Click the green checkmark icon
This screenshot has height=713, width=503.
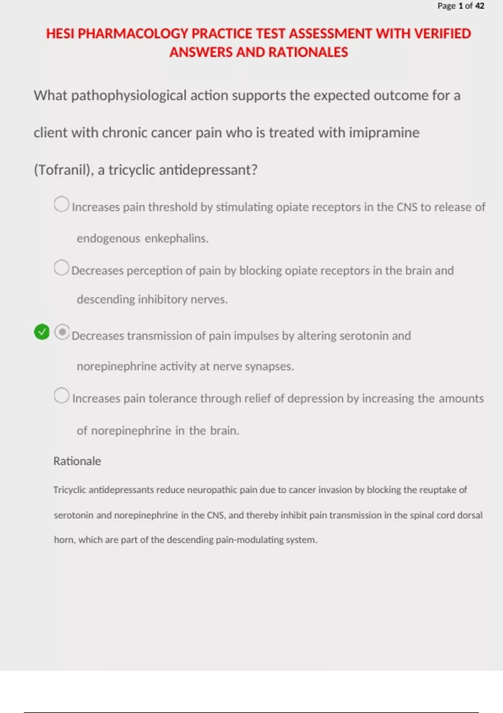(41, 332)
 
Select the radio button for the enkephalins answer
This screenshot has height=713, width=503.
(62, 204)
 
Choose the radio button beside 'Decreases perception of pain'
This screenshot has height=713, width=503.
(62, 268)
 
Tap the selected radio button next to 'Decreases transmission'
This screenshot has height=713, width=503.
(62, 332)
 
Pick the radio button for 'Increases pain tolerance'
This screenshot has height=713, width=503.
(62, 396)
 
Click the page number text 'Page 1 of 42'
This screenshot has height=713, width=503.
(461, 6)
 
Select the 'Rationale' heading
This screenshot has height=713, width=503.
(77, 461)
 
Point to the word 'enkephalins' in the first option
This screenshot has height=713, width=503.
(176, 238)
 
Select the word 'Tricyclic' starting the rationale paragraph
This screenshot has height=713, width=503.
(70, 490)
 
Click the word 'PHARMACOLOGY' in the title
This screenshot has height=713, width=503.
(133, 34)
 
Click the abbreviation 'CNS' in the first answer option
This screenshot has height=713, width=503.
(407, 207)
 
